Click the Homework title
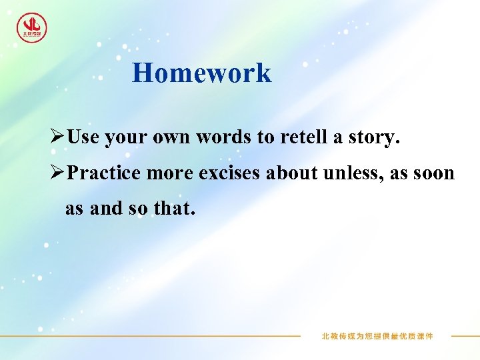(201, 73)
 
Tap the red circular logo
(31, 28)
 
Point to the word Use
(83, 137)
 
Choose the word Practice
(104, 173)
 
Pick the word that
(175, 209)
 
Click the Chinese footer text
(377, 336)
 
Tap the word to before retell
(265, 138)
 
